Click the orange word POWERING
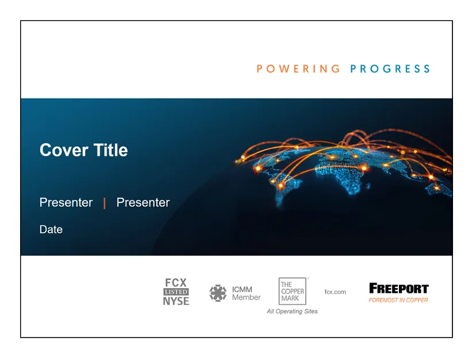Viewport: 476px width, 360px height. tap(298, 68)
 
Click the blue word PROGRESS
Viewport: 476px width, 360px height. tap(390, 68)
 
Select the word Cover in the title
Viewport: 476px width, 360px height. tap(64, 150)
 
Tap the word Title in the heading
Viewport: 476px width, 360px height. tap(110, 150)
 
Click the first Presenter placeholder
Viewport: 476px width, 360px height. tap(66, 202)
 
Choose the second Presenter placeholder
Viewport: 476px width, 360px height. tap(143, 202)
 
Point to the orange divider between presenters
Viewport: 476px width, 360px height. tap(105, 203)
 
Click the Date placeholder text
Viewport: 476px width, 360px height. tap(51, 229)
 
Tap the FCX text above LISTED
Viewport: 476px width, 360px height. tap(176, 282)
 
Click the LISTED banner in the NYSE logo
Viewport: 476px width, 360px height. tap(176, 292)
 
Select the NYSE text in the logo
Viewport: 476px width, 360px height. tap(176, 301)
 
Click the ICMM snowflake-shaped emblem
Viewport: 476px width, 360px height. tap(218, 293)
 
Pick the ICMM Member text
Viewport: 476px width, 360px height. tap(246, 293)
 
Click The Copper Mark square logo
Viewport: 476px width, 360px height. tap(293, 291)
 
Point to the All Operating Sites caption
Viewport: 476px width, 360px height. tap(292, 311)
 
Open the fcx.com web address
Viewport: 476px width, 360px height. tap(335, 292)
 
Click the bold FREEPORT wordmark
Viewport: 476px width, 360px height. tap(399, 288)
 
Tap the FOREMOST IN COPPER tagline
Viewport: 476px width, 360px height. tap(398, 300)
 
